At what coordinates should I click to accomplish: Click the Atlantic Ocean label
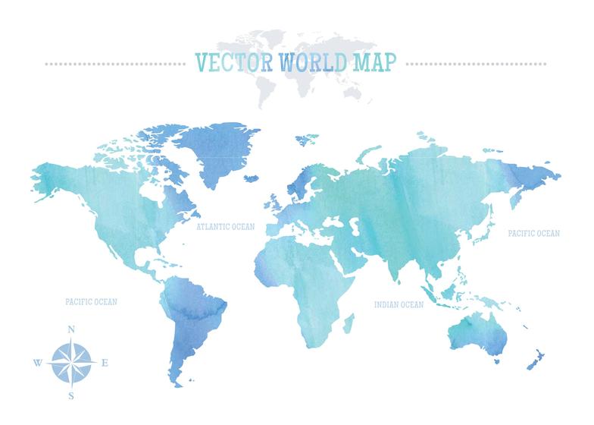[226, 226]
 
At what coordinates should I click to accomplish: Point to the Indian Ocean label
[399, 304]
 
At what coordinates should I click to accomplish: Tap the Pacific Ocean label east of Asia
[534, 234]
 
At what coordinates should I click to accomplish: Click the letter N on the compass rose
[71, 329]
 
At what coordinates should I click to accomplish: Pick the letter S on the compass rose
[71, 396]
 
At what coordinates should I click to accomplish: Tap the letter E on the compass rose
[105, 363]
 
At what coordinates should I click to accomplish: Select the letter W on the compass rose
[37, 363]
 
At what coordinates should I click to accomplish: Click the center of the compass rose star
[71, 363]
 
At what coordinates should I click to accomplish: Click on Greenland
[220, 152]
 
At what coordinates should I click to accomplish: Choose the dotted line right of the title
[477, 63]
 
